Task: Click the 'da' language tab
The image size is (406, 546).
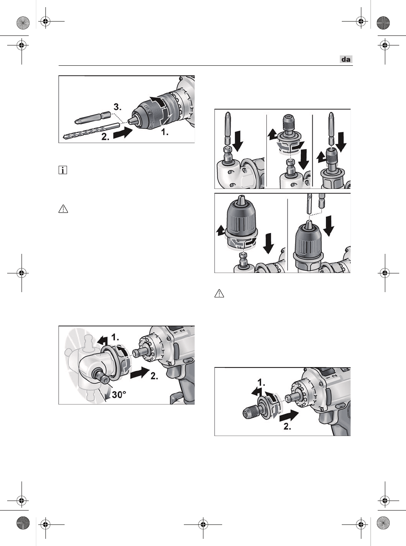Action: [346, 59]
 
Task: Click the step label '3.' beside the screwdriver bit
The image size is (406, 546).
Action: [117, 107]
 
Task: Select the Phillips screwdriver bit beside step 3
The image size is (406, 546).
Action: [93, 118]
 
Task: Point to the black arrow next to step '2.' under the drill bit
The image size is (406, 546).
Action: [123, 133]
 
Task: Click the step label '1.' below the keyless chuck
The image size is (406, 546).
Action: [165, 132]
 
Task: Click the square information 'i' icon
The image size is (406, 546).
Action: [63, 170]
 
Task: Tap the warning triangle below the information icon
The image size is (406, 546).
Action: [63, 209]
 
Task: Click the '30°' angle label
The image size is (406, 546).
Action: [119, 395]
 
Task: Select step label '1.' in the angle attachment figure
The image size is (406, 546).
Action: [115, 337]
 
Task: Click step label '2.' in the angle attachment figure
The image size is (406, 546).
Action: [154, 376]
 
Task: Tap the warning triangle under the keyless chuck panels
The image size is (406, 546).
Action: [219, 294]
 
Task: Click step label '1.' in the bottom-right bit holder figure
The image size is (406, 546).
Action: [261, 383]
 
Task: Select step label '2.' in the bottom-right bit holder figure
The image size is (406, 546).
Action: [287, 426]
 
